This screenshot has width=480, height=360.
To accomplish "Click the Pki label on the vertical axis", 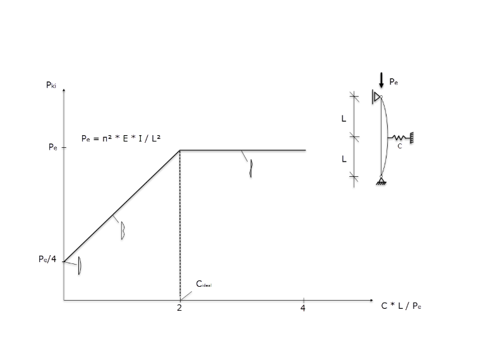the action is [x=51, y=85].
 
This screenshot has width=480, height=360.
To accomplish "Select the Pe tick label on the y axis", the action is [x=52, y=147].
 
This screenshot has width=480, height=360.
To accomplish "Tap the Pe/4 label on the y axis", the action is [x=47, y=259].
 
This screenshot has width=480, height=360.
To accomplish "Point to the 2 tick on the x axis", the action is [x=179, y=308].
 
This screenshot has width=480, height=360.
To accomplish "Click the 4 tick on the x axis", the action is [x=303, y=308].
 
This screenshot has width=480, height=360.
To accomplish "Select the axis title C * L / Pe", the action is [x=401, y=306].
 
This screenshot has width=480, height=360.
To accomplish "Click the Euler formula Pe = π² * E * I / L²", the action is [x=121, y=139].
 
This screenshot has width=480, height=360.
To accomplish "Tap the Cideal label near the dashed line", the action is [x=203, y=284].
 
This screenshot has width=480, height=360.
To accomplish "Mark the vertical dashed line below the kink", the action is [x=180, y=225].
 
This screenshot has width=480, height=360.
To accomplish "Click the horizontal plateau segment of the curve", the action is [x=243, y=150].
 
